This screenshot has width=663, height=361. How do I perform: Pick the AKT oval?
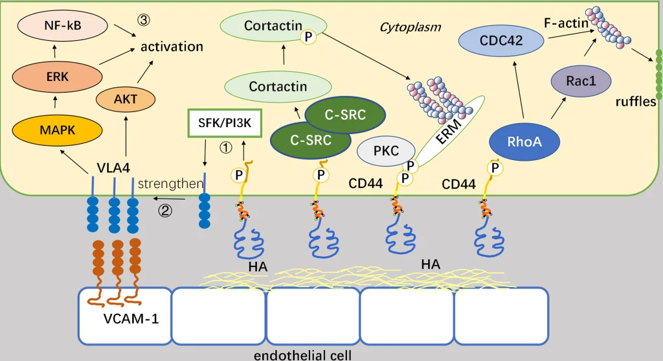pos(125,99)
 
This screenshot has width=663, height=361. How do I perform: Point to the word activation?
pos(172,47)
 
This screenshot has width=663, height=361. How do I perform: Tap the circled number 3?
pos(143,19)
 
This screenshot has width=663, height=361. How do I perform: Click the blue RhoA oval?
pos(525,141)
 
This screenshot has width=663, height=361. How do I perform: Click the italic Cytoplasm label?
pos(410,27)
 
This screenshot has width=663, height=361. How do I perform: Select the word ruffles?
pos(636,102)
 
